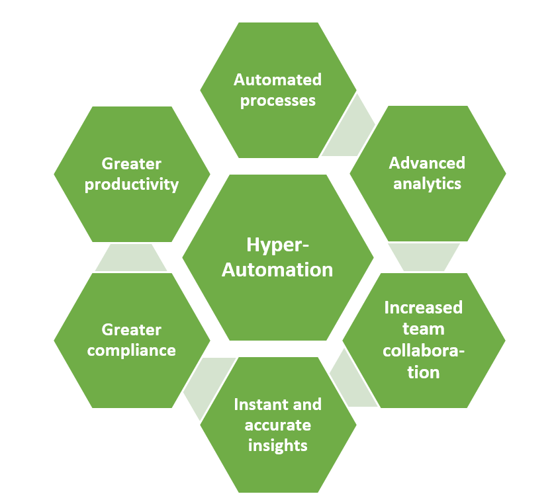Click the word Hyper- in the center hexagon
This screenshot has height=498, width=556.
click(278, 245)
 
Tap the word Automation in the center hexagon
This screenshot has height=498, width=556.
click(278, 269)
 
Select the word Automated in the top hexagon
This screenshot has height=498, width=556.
click(278, 80)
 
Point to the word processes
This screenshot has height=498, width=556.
click(278, 101)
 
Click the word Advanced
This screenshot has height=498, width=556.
click(427, 163)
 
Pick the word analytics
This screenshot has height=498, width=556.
click(427, 183)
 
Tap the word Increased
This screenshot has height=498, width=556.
click(424, 308)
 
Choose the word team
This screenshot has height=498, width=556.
click(424, 329)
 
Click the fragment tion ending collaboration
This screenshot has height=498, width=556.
click(424, 372)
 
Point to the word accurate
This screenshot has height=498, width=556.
click(278, 425)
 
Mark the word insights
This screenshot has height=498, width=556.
click(278, 445)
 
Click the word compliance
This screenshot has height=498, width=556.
click(132, 350)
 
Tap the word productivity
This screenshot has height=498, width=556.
click(132, 184)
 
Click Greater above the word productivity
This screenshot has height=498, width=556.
click(132, 163)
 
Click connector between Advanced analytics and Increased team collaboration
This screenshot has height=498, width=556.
click(424, 257)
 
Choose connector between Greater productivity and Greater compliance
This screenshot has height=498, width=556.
click(131, 257)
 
